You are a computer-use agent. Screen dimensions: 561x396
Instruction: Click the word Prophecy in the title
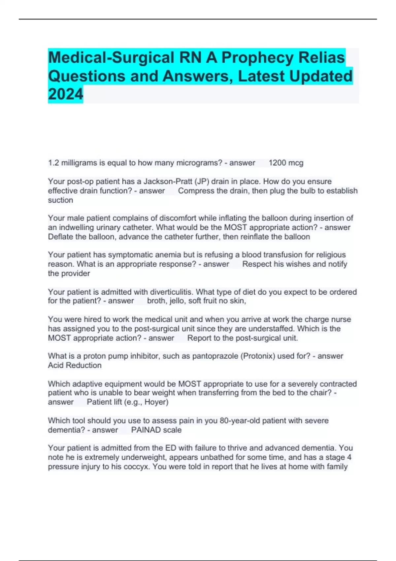[x=257, y=58]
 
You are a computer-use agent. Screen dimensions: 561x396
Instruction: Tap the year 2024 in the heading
[x=66, y=94]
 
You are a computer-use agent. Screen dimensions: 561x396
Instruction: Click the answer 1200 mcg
[x=286, y=163]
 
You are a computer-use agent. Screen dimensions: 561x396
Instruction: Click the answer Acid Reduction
[x=75, y=365]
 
